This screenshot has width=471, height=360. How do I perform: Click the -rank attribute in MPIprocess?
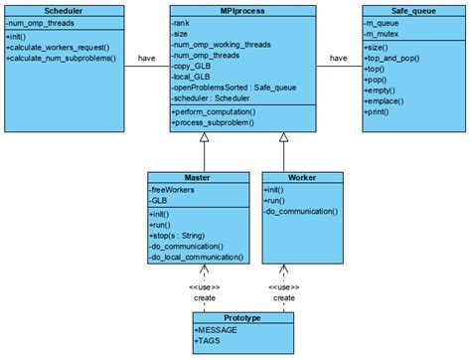[x=184, y=23]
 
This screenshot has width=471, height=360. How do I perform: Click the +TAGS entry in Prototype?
[x=212, y=340]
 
